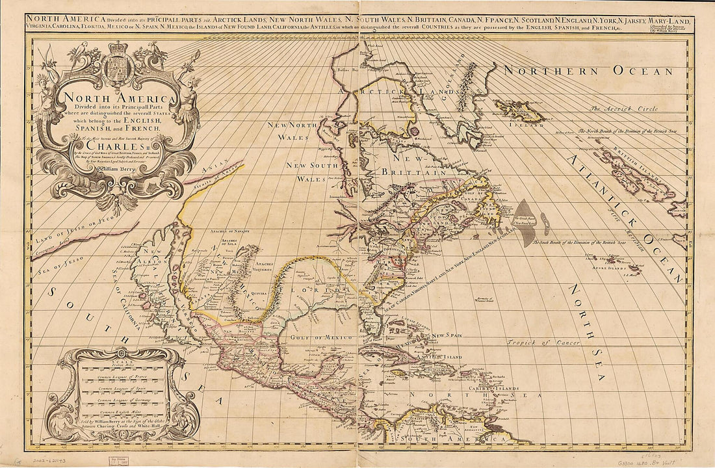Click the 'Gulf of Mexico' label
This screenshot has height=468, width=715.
[327, 338]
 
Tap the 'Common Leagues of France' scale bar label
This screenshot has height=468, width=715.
[118, 376]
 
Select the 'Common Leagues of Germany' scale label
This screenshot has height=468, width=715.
[118, 401]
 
